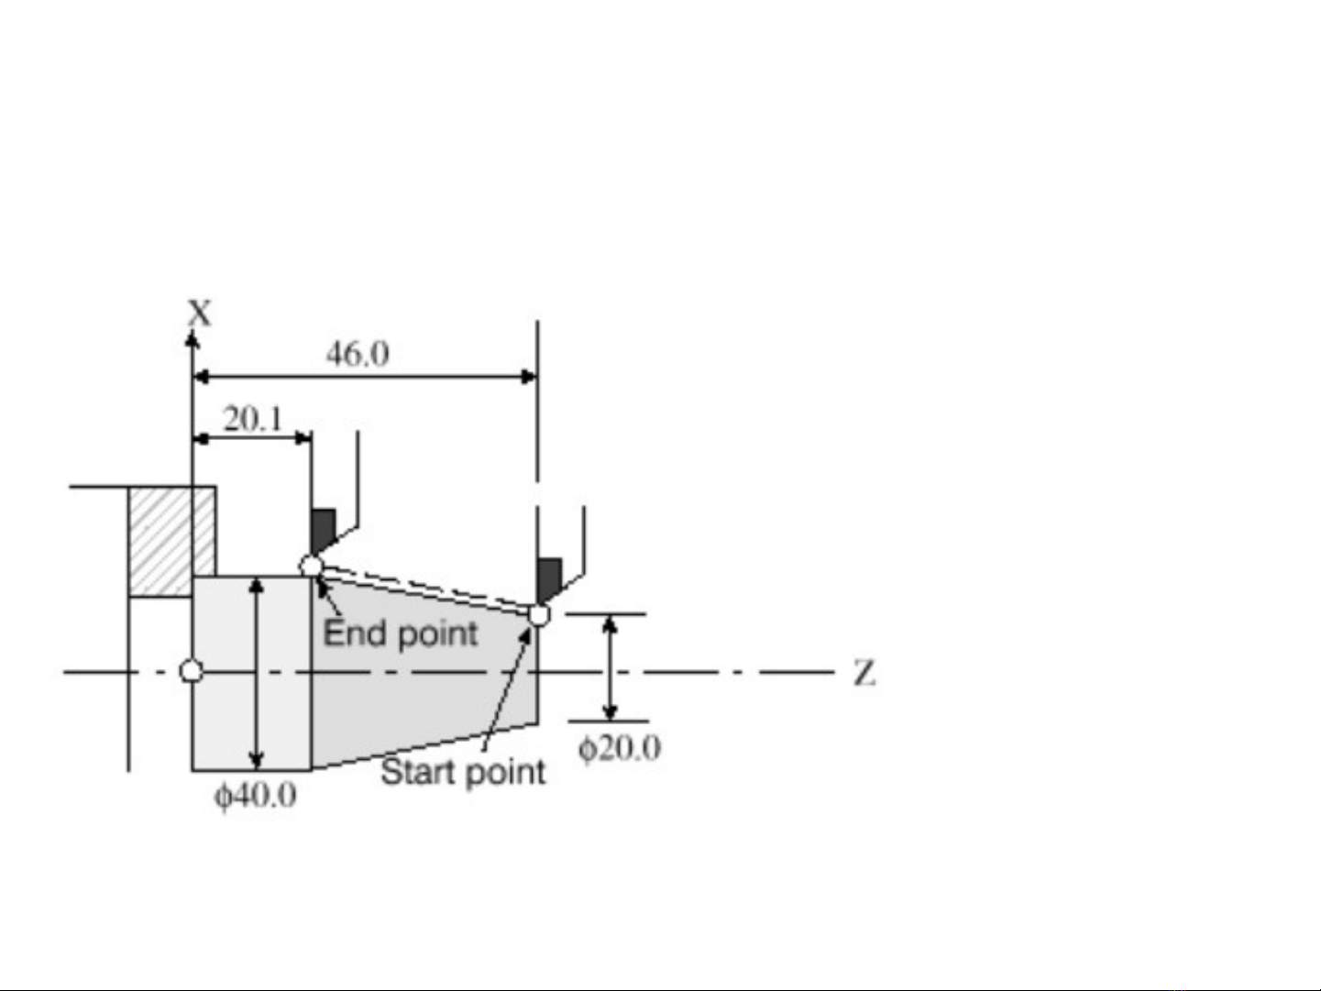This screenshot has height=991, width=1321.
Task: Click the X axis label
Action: [201, 314]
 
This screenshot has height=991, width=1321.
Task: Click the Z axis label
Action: [864, 673]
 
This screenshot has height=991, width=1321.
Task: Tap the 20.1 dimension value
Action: [253, 419]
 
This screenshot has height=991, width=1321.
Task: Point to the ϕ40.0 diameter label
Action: [256, 796]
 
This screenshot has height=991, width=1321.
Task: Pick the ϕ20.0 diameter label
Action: [620, 748]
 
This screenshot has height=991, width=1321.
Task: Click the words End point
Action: [401, 633]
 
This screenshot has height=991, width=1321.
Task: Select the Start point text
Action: [463, 772]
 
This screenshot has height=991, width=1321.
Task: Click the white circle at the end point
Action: [311, 567]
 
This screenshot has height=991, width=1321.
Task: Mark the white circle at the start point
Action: [539, 615]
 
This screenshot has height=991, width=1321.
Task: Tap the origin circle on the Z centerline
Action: [192, 671]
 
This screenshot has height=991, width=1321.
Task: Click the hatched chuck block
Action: [172, 542]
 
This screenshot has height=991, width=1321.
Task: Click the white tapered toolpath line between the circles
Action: [424, 591]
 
